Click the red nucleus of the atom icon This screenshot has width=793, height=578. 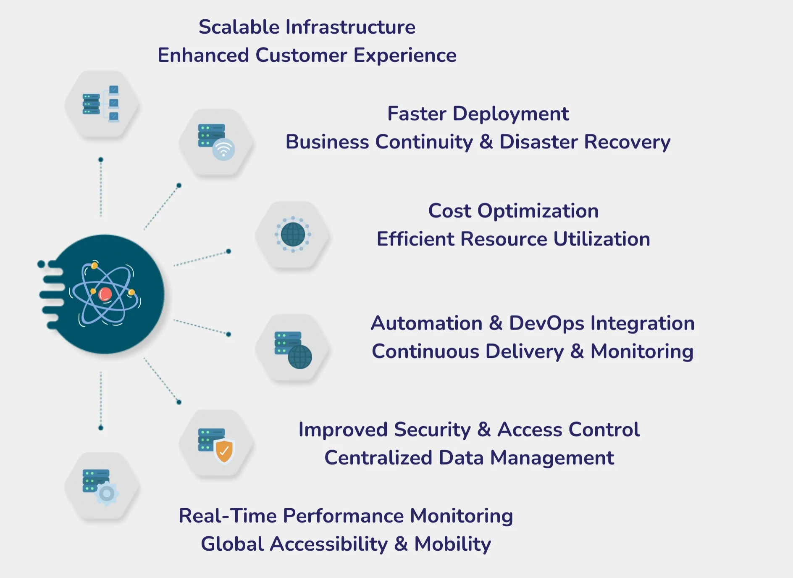coord(105,294)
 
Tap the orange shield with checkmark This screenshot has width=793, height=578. coord(224,451)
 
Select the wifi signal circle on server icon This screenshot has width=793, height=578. coord(223,149)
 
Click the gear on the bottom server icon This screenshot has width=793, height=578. coord(107,494)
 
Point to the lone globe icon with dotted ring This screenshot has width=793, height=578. coord(293,234)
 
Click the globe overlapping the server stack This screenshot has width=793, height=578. coord(300,357)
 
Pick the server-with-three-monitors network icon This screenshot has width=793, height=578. coord(101,104)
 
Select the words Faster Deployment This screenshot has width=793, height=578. coord(478,114)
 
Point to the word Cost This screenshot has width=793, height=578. coord(449,211)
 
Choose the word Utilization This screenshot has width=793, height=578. coord(601,239)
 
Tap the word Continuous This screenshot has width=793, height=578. coord(425,352)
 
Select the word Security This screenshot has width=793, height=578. coord(432,430)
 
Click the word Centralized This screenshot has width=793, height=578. coord(378,458)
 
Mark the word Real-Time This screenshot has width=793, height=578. coord(227,516)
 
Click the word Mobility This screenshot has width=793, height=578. coord(452,544)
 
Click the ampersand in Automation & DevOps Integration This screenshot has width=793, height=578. coord(496,324)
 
